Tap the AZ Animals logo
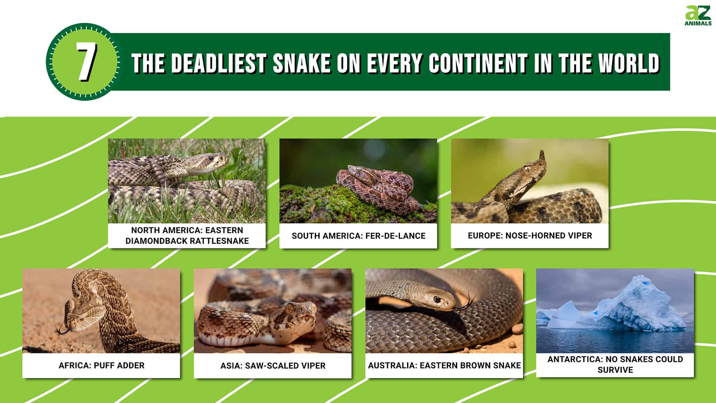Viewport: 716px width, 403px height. [x=698, y=16]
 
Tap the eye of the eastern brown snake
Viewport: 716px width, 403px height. [x=437, y=299]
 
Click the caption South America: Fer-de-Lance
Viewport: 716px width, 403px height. [x=358, y=236]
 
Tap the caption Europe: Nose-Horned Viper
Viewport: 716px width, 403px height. [x=530, y=236]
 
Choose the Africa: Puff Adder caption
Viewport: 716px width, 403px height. [x=101, y=366]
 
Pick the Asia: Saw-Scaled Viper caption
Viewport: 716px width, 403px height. [x=273, y=366]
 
